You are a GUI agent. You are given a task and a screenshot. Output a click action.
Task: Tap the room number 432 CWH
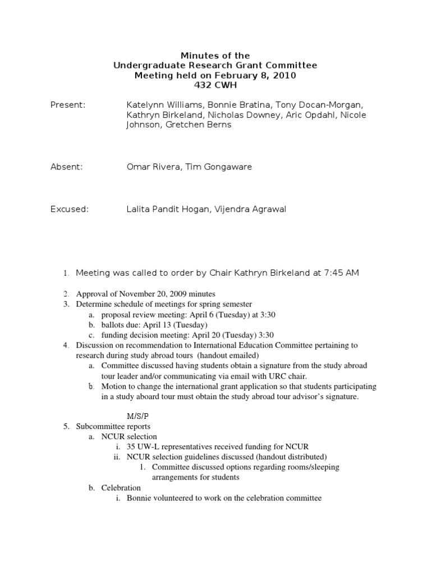pos(215,84)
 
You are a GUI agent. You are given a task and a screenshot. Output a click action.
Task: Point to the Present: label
pos(68,104)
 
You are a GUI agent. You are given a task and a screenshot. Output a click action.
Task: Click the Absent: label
pos(67,166)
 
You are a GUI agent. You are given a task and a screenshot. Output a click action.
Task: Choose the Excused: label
pos(70,209)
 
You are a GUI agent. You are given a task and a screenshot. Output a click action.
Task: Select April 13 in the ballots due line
pos(157,325)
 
